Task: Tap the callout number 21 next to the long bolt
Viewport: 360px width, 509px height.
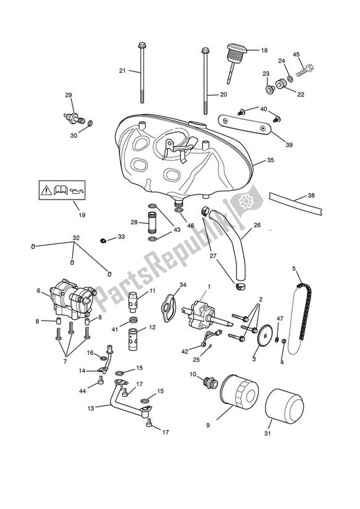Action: coord(122,71)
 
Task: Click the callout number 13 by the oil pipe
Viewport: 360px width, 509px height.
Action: coord(91,408)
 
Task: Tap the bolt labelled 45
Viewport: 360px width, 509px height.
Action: coord(306,70)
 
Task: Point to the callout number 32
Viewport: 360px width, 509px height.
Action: coord(76,237)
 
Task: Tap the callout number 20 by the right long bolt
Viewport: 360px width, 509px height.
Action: coord(224,95)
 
